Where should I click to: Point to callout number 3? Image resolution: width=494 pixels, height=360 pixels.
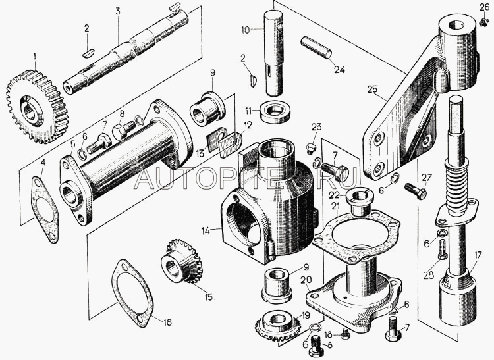[118, 11]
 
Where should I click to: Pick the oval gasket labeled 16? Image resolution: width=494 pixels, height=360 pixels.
[132, 294]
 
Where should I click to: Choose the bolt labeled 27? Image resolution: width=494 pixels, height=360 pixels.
[416, 192]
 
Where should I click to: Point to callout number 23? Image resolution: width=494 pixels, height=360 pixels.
[316, 127]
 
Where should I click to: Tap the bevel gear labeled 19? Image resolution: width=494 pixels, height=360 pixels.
[277, 324]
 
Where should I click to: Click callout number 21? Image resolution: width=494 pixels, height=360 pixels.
[335, 206]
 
